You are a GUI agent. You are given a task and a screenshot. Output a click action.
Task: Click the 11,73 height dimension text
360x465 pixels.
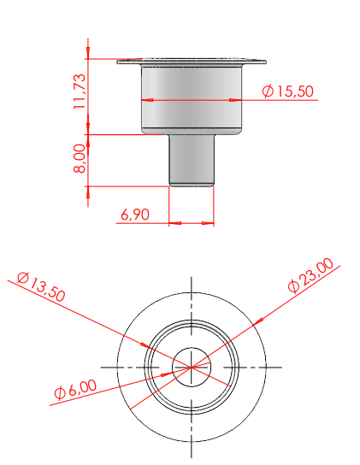click(80, 91)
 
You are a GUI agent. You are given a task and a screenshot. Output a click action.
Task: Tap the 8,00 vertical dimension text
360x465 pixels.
click(80, 158)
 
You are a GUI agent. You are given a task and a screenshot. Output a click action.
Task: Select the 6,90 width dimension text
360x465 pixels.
click(135, 215)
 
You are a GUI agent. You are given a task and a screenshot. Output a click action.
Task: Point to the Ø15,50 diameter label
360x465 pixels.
click(287, 91)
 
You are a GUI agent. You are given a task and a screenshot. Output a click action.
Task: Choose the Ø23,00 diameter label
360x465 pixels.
click(310, 275)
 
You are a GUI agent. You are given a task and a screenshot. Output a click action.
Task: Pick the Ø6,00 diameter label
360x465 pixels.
click(75, 389)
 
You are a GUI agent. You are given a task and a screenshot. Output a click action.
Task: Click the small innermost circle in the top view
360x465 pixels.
click(192, 348)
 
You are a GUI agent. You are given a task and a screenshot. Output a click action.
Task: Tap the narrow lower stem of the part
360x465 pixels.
click(192, 161)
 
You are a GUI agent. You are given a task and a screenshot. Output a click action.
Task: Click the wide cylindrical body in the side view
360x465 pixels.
click(192, 100)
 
